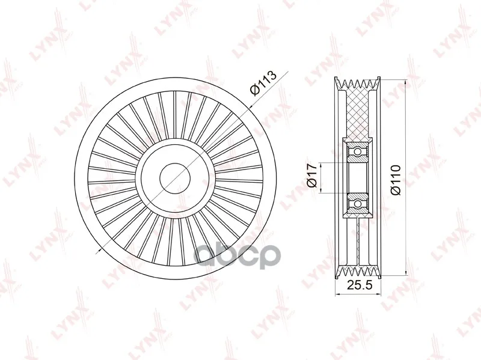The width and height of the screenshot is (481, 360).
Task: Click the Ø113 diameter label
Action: [x=263, y=83]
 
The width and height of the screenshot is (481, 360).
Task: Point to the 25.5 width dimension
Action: [x=359, y=285]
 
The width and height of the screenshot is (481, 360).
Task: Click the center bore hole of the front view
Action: [x=176, y=178]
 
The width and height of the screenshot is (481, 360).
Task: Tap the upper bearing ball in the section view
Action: [x=357, y=151]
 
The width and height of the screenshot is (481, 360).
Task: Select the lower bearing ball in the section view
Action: [x=357, y=204]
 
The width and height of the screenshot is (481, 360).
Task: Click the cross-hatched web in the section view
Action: [x=357, y=114]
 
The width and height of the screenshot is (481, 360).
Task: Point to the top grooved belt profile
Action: [x=358, y=84]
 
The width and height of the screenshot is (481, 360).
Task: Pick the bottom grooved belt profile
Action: [x=358, y=272]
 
